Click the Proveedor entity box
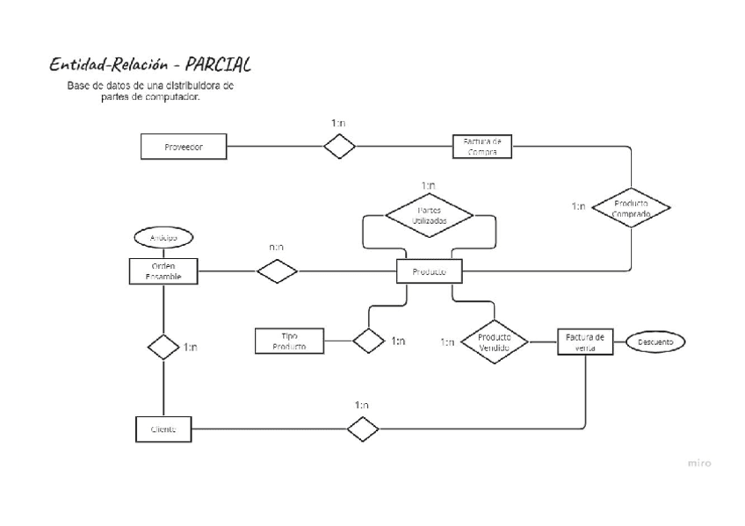184,147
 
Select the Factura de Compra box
482,146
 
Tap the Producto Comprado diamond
630,207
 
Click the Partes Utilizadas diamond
430,216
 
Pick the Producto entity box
430,272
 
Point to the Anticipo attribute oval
163,237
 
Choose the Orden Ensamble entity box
163,271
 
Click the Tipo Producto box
289,341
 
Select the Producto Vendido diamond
495,342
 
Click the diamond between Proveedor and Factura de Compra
339,147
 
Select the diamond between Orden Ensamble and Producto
278,271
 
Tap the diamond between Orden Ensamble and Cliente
163,346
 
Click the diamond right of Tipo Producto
368,341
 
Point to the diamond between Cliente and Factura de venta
362,429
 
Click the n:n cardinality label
277,249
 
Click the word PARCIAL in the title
211,65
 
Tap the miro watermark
698,463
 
